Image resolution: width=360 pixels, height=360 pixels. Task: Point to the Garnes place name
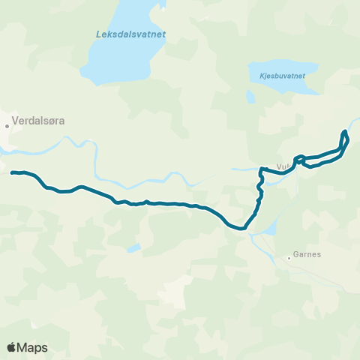click(307, 254)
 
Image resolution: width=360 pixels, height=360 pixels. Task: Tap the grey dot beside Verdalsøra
click(8, 126)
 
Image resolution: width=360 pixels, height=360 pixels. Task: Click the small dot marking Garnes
click(289, 259)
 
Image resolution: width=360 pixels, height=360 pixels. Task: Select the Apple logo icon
click(11, 347)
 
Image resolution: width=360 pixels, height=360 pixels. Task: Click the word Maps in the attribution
click(33, 347)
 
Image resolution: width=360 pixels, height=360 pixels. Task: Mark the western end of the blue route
click(13, 172)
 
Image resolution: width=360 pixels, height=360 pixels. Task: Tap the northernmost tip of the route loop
click(344, 132)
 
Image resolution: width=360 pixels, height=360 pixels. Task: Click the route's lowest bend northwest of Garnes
click(241, 229)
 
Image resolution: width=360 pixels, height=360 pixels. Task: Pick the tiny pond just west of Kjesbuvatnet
click(250, 96)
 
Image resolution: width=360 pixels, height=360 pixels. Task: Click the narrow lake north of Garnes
click(271, 226)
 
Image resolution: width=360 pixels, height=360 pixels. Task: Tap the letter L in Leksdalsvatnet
click(98, 34)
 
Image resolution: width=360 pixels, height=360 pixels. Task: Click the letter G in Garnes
click(296, 254)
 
